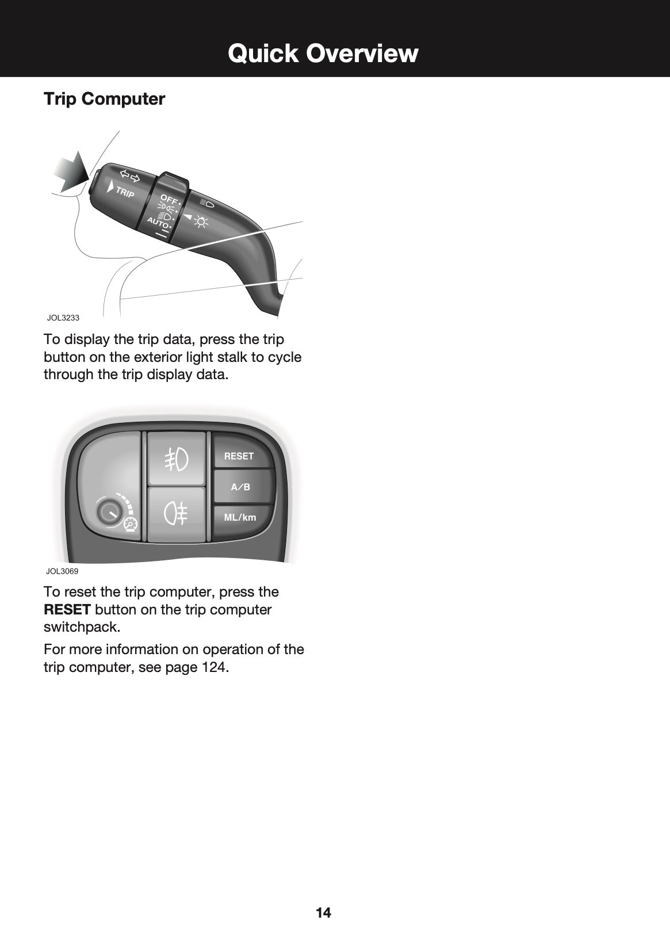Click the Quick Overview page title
point(323,54)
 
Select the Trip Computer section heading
point(104,99)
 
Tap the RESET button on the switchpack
point(239,456)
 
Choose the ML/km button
point(240,517)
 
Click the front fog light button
point(176,459)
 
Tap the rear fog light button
point(176,514)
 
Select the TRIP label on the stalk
point(125,192)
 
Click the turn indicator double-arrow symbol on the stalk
point(130,175)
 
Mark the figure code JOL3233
point(63,318)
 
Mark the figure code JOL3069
point(62,571)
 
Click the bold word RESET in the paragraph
point(67,609)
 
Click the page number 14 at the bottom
point(323,912)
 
